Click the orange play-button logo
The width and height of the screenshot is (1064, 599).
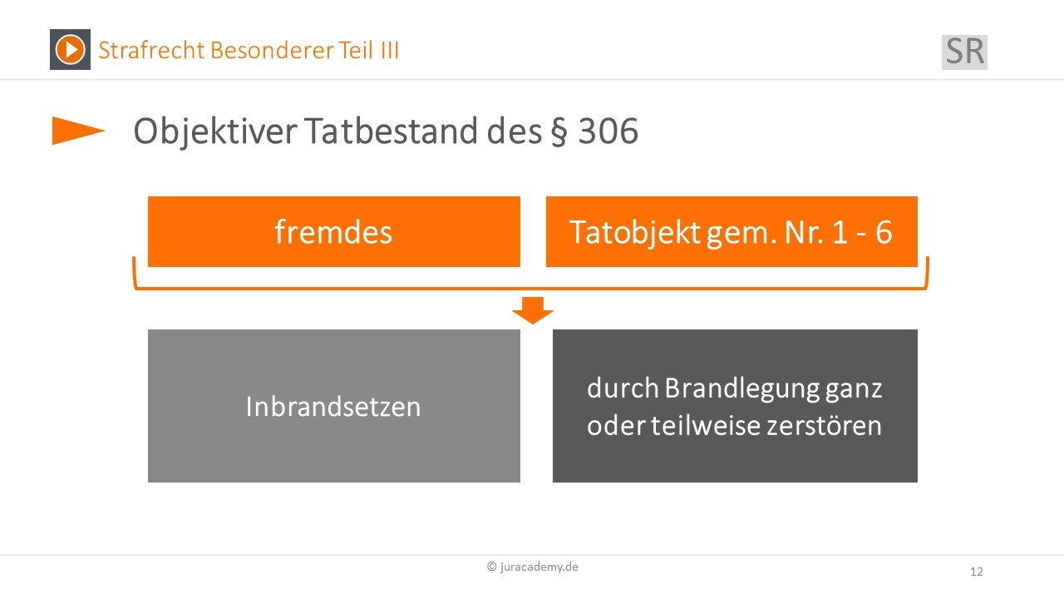(x=71, y=49)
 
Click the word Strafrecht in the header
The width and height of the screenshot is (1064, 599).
(x=151, y=50)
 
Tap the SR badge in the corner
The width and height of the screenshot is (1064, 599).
(x=964, y=52)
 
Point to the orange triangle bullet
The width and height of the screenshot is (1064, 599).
(x=78, y=131)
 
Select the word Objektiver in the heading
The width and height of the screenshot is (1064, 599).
(x=215, y=131)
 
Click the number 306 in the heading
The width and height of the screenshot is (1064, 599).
(x=608, y=131)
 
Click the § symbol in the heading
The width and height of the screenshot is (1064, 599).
(x=559, y=131)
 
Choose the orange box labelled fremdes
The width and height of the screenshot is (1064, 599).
(x=334, y=231)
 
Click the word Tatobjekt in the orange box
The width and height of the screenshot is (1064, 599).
(x=634, y=232)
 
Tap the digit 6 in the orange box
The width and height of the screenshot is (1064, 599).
(x=884, y=232)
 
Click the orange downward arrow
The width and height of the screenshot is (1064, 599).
(x=533, y=310)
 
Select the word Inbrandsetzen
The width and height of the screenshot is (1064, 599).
(x=333, y=407)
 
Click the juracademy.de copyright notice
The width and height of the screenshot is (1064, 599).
(x=533, y=567)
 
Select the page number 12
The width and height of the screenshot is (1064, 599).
(x=977, y=572)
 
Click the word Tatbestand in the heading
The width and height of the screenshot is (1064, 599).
(x=391, y=131)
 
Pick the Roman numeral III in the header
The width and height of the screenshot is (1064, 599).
(x=390, y=50)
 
